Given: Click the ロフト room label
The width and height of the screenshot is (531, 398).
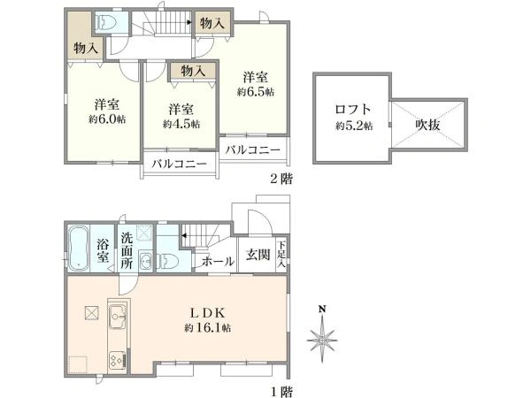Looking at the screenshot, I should (x=353, y=110).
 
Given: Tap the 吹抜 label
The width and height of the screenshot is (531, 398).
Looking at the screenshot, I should (x=427, y=126).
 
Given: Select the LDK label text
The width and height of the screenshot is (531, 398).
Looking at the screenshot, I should (x=208, y=312).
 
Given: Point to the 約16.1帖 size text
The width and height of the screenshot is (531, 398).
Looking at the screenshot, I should (x=208, y=328).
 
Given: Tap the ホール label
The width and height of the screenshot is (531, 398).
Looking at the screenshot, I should (x=218, y=262).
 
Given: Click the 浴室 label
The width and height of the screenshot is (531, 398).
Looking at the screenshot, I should (x=103, y=251).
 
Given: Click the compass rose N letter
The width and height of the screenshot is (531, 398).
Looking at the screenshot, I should (x=323, y=309).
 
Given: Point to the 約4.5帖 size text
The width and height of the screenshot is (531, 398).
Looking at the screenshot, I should (x=181, y=125).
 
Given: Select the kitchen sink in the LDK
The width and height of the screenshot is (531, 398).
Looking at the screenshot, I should (x=118, y=316).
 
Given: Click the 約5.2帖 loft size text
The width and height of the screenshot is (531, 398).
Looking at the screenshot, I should (x=353, y=126).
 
